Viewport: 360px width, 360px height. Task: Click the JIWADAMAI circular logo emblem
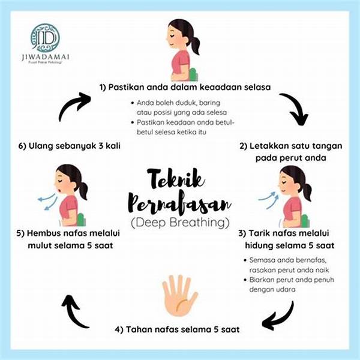tap(46, 38)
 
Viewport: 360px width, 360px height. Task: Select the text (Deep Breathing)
tap(180, 223)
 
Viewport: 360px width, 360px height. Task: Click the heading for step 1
tap(185, 87)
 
